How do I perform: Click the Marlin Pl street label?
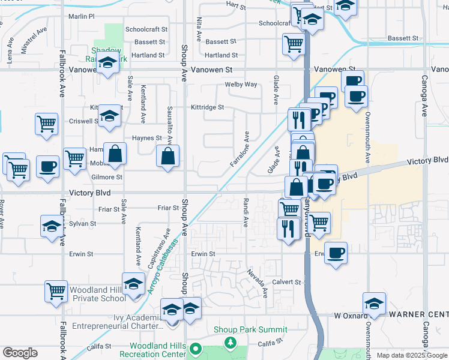click(x=82, y=17)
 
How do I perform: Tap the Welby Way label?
click(x=241, y=85)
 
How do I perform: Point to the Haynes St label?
click(x=147, y=138)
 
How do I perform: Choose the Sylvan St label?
click(x=82, y=224)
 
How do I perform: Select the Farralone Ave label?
click(x=240, y=150)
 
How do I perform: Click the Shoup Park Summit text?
click(x=252, y=329)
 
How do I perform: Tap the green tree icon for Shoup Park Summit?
click(x=230, y=342)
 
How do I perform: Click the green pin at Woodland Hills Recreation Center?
click(x=195, y=349)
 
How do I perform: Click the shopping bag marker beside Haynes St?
click(x=115, y=153)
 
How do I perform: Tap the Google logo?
click(x=20, y=353)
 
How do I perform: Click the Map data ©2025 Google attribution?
click(x=411, y=355)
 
